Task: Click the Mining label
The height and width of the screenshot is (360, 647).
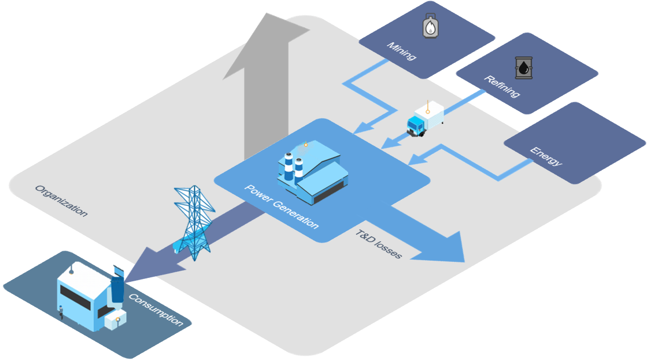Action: tap(402, 51)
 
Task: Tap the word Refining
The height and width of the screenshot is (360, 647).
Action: tap(502, 87)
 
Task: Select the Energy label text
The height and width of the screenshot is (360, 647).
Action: tap(547, 156)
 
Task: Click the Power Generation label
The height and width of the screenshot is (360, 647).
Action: tap(282, 206)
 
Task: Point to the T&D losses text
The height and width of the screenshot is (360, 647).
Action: tap(379, 244)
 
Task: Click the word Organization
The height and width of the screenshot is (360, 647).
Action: tap(62, 201)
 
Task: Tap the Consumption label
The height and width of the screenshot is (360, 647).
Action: tap(156, 310)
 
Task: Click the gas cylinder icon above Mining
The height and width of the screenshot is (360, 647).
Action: tap(431, 26)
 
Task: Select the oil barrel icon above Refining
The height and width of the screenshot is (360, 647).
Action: tap(524, 68)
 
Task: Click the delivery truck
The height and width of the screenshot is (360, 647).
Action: tap(425, 119)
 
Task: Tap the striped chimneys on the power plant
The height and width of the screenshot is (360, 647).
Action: tap(294, 167)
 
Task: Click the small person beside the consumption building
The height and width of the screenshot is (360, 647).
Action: tap(61, 312)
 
